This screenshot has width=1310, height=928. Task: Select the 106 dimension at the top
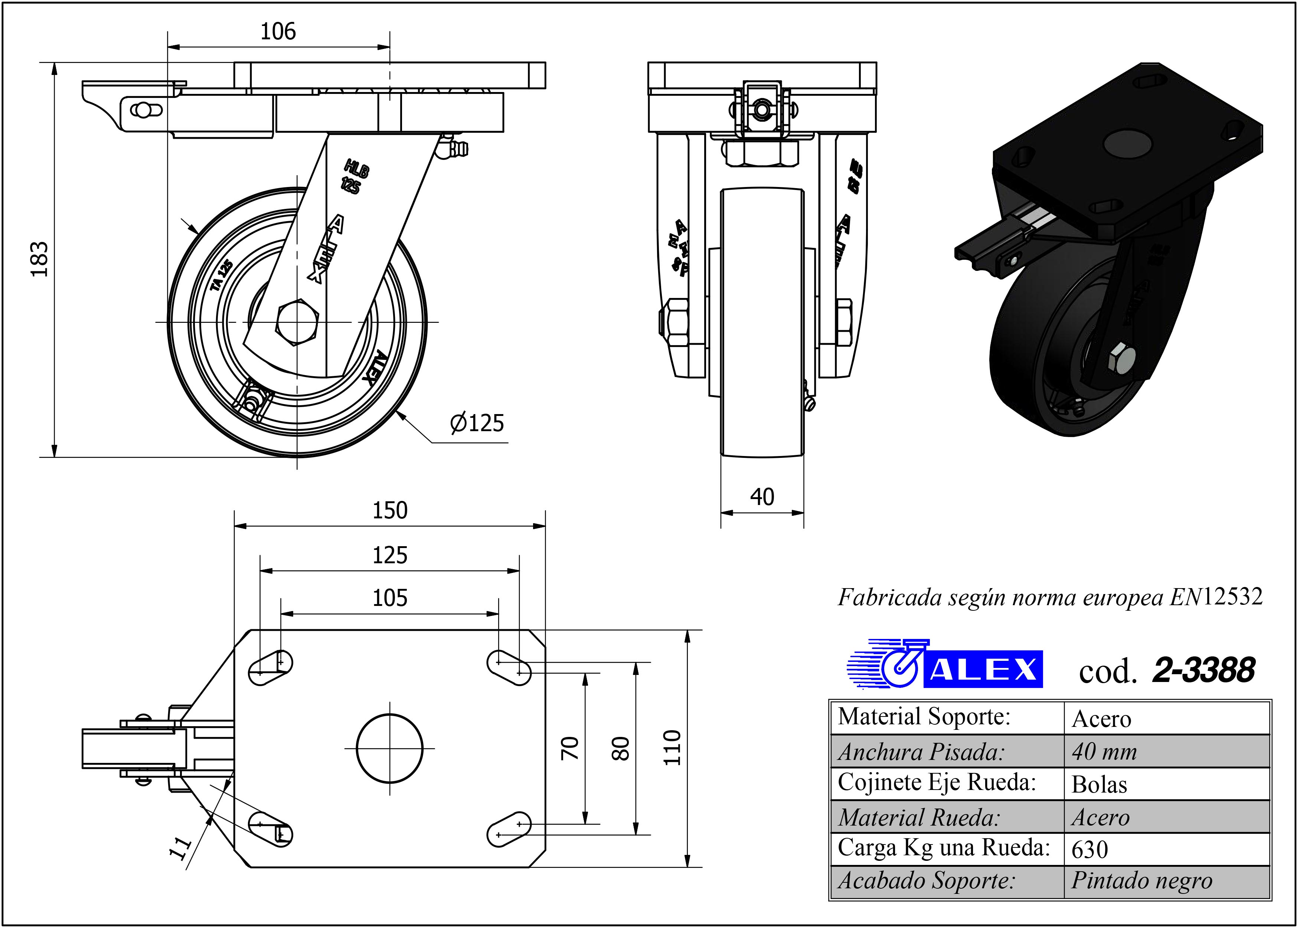(x=278, y=32)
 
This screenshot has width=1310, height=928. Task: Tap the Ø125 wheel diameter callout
(x=477, y=423)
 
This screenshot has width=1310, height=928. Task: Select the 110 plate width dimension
(x=673, y=747)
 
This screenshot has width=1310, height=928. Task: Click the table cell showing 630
(x=1090, y=850)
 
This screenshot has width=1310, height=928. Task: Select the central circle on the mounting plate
(x=390, y=748)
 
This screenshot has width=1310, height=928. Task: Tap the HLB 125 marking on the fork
(x=355, y=177)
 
